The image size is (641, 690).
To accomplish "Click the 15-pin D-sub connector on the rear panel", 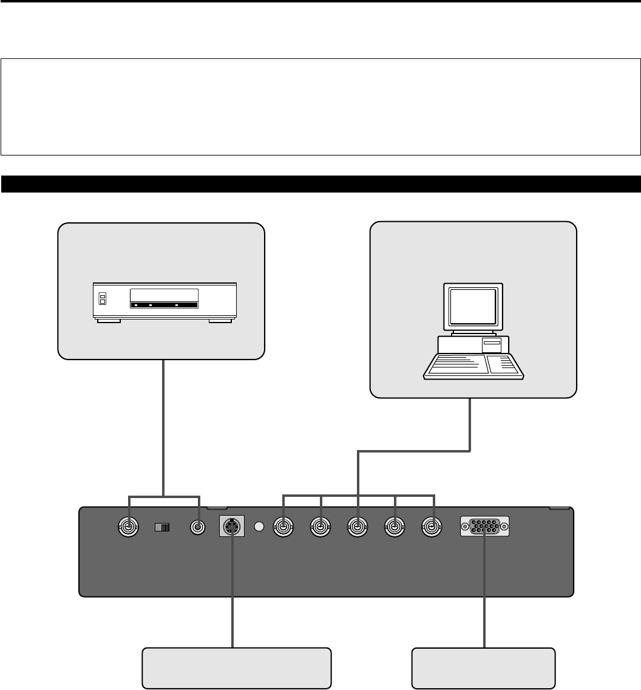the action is (x=485, y=527).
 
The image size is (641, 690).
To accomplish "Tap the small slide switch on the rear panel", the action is (x=162, y=527).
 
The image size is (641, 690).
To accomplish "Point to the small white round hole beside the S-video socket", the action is (x=260, y=527).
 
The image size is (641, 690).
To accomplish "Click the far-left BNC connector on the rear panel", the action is (x=128, y=527).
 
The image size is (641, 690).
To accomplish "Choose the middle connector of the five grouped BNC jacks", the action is (x=358, y=527).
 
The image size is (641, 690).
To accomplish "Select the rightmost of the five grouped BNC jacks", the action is (x=432, y=527).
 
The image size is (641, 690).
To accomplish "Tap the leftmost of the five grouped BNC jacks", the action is (x=283, y=527).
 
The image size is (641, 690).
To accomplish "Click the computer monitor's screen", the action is (x=472, y=307).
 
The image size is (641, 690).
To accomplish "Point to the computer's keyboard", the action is (x=472, y=368).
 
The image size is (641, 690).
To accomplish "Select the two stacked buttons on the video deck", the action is (x=103, y=298).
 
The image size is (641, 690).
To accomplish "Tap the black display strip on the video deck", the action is (x=164, y=304).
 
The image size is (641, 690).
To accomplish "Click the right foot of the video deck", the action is (x=219, y=320).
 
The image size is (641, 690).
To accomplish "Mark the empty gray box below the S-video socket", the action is (x=237, y=668).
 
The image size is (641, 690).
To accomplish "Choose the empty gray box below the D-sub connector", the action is (x=484, y=668).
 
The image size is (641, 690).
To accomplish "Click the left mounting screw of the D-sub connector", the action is (x=466, y=527).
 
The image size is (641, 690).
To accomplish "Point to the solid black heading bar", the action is (x=320, y=184).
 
